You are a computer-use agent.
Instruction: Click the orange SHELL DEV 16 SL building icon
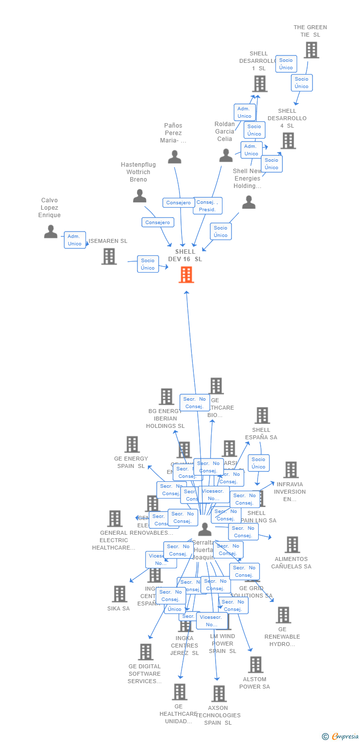pyautogui.click(x=186, y=275)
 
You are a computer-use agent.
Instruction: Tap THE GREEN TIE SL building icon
pyautogui.click(x=311, y=50)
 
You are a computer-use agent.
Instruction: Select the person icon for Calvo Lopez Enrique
pyautogui.click(x=50, y=231)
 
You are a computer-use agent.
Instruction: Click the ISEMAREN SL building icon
pyautogui.click(x=109, y=256)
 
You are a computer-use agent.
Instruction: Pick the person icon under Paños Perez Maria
pyautogui.click(x=175, y=156)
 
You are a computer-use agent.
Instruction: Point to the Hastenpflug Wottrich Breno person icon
pyautogui.click(x=139, y=196)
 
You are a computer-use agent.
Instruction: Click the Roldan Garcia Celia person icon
pyautogui.click(x=226, y=155)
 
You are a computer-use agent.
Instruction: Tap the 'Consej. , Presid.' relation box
pyautogui.click(x=207, y=206)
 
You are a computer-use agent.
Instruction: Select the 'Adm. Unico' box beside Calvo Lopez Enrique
pyautogui.click(x=75, y=240)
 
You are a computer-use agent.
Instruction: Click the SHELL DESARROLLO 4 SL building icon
pyautogui.click(x=288, y=141)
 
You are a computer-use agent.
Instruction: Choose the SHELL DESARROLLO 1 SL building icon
pyautogui.click(x=260, y=84)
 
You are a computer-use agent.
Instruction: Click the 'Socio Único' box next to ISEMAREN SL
pyautogui.click(x=147, y=264)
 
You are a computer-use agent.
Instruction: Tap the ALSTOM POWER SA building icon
pyautogui.click(x=255, y=664)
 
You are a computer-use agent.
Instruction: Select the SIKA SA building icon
pyautogui.click(x=119, y=594)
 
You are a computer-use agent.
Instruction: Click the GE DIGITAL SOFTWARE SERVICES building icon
pyautogui.click(x=145, y=652)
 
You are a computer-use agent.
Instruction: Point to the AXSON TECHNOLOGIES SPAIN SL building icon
pyautogui.click(x=219, y=694)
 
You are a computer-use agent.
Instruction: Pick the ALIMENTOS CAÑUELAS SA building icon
pyautogui.click(x=292, y=545)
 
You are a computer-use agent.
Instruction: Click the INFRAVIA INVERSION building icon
pyautogui.click(x=291, y=469)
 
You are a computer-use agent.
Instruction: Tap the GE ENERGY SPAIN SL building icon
pyautogui.click(x=132, y=444)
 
